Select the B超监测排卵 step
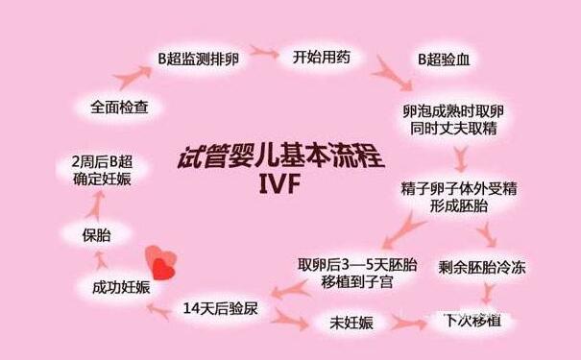[200, 58]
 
